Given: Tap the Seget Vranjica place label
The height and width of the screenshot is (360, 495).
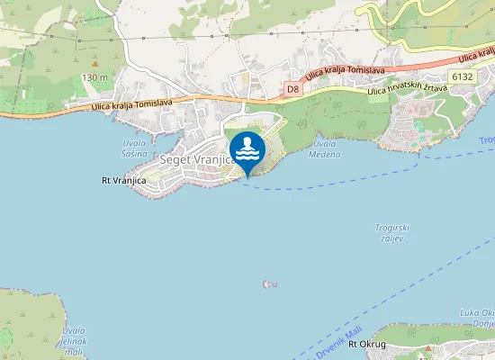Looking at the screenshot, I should (195, 159).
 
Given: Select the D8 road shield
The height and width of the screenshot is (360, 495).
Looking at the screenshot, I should (292, 88).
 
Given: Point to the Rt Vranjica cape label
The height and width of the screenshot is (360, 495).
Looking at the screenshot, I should (123, 181).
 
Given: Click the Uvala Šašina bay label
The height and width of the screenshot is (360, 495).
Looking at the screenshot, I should (135, 148).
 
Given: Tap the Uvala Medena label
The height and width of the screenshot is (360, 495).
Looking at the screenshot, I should (327, 148).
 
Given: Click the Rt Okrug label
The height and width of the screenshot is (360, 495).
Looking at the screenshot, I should (367, 345).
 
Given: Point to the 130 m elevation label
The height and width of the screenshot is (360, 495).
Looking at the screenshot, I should (94, 78).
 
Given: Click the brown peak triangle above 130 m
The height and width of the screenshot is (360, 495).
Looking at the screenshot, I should (94, 64).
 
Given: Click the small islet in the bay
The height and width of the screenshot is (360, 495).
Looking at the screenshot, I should (268, 284).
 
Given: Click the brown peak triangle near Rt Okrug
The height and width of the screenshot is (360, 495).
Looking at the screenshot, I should (429, 347).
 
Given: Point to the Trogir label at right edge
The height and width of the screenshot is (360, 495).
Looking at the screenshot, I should (487, 140).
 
